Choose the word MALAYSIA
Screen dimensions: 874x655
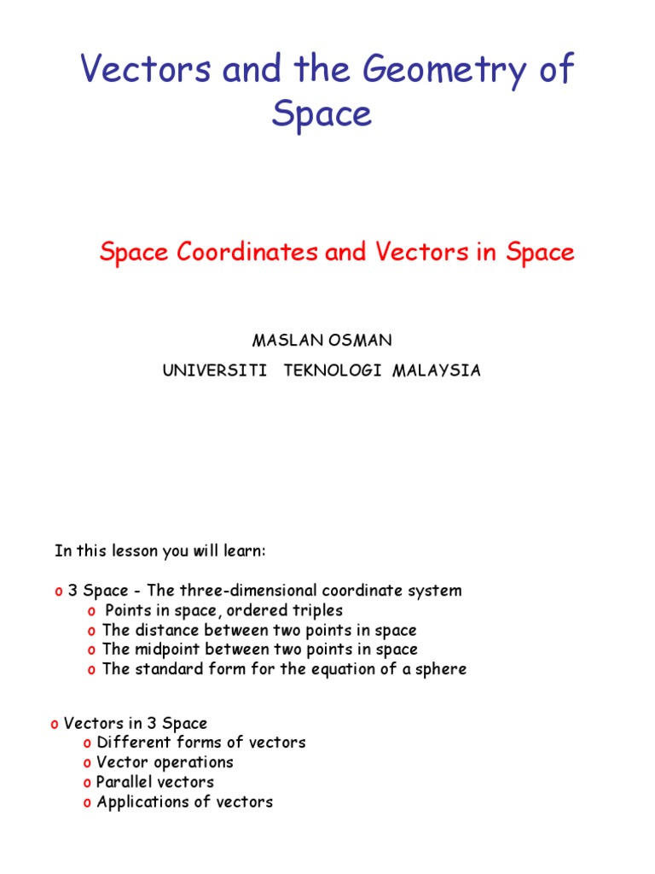click(x=437, y=370)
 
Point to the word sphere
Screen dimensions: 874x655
click(x=440, y=669)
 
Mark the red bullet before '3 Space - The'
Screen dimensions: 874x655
click(x=59, y=591)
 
